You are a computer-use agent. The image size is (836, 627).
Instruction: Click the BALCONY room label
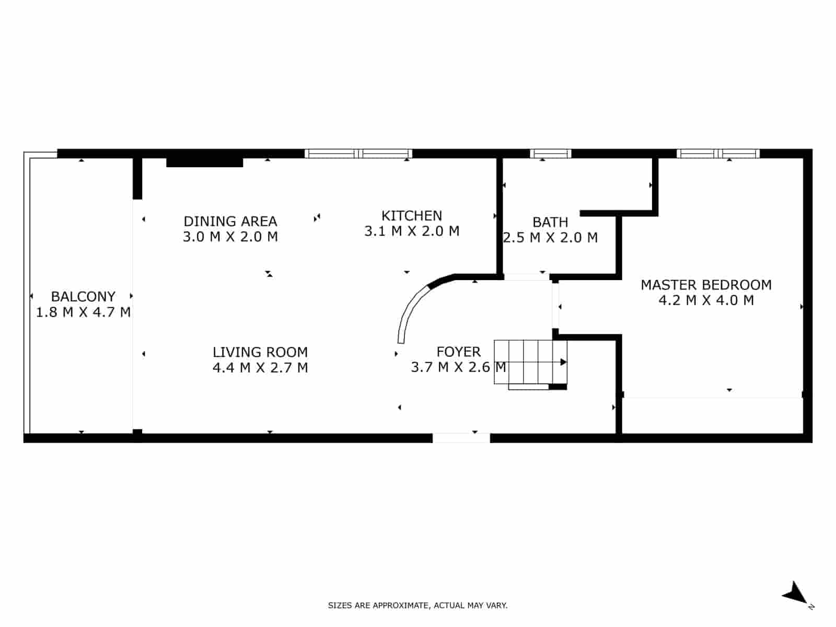click(83, 296)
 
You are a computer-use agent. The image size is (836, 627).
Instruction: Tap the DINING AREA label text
click(230, 221)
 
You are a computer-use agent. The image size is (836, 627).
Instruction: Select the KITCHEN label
click(412, 215)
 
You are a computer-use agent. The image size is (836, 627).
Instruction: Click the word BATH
click(550, 222)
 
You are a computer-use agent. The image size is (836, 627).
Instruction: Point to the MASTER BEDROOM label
click(706, 285)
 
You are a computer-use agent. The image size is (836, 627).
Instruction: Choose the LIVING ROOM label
click(260, 352)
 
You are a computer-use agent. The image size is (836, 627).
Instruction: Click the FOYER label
click(458, 352)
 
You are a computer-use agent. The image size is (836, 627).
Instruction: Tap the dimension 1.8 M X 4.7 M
click(83, 312)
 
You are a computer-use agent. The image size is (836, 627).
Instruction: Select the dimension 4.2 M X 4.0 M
click(706, 300)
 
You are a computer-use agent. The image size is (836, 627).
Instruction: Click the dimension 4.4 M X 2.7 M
click(260, 367)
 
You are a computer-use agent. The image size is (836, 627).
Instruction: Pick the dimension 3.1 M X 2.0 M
click(412, 231)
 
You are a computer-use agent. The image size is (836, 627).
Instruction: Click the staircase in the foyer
click(528, 362)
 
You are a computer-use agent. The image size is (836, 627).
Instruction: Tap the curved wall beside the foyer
click(412, 308)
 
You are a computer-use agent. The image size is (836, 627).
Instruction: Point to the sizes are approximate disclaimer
click(417, 606)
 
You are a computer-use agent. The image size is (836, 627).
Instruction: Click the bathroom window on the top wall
click(550, 154)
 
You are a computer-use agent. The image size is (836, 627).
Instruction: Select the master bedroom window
click(718, 154)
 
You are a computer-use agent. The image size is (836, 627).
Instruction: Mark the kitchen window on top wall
click(358, 154)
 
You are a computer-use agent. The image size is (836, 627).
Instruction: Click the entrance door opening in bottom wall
click(461, 438)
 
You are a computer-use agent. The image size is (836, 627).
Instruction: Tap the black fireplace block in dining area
click(204, 162)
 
